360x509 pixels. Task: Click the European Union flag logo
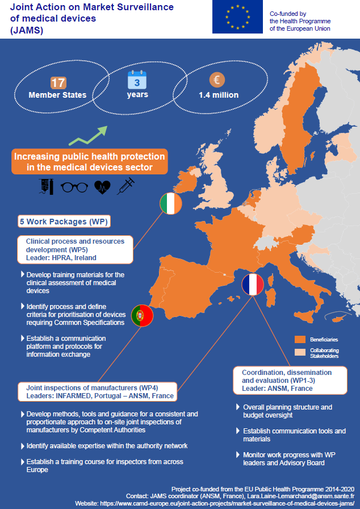pos(237,17)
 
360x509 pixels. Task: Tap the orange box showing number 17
pos(58,82)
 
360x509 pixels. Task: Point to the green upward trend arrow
pos(88,136)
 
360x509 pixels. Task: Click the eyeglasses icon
pos(74,187)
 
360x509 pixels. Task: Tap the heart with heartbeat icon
pos(102,187)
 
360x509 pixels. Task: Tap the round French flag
pos(253,283)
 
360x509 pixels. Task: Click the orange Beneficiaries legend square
pos(300,339)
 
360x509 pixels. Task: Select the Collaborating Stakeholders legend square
pos(300,353)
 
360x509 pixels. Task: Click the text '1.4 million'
pos(219,95)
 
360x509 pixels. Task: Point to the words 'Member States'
pos(57,95)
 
